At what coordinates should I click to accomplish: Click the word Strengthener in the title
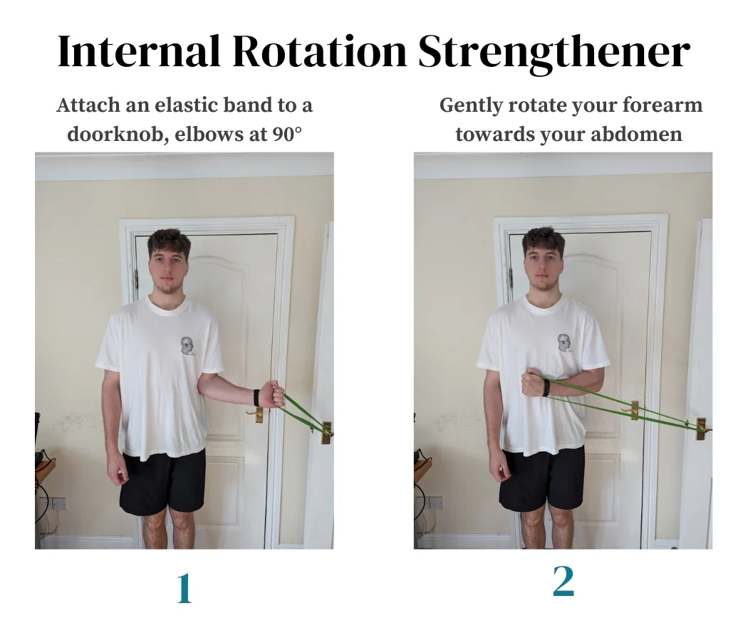click(554, 51)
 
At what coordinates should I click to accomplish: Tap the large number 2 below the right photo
click(563, 582)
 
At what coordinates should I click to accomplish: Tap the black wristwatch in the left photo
click(256, 397)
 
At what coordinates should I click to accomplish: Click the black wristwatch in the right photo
click(545, 387)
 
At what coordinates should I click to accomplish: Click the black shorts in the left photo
click(163, 481)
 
